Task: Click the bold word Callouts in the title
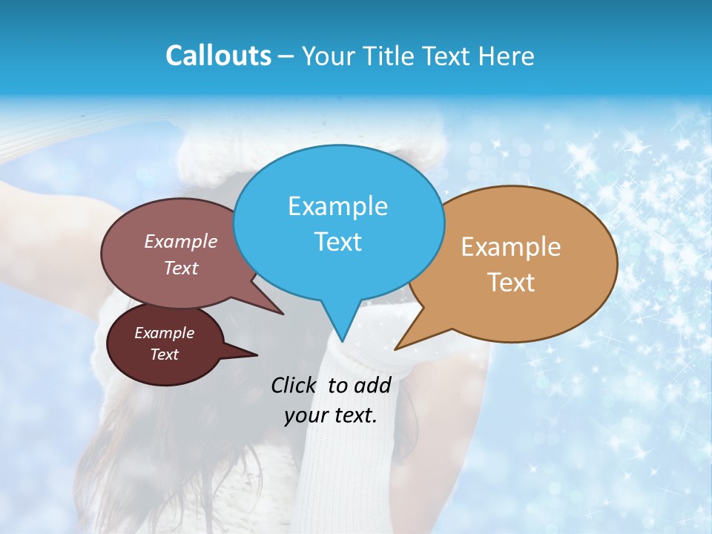tap(219, 56)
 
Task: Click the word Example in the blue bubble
tap(337, 206)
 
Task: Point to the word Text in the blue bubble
tap(337, 241)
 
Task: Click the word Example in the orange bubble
tap(511, 247)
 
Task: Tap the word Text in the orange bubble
tap(511, 283)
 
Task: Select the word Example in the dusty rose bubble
tap(181, 241)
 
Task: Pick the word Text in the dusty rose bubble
tap(181, 268)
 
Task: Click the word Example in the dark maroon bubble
tap(165, 333)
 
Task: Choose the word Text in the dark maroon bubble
tap(165, 355)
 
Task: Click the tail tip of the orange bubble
tap(395, 349)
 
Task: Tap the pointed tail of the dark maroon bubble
tap(256, 355)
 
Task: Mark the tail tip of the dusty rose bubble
tap(283, 314)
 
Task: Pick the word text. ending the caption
tap(355, 415)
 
